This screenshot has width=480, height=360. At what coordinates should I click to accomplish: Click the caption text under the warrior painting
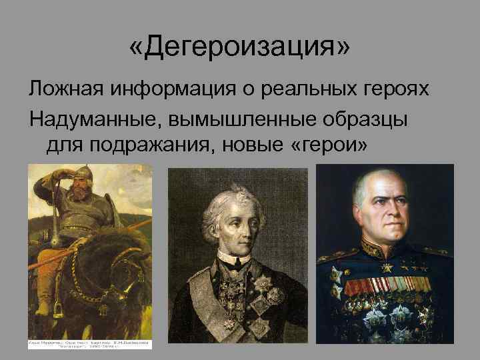click(90, 344)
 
